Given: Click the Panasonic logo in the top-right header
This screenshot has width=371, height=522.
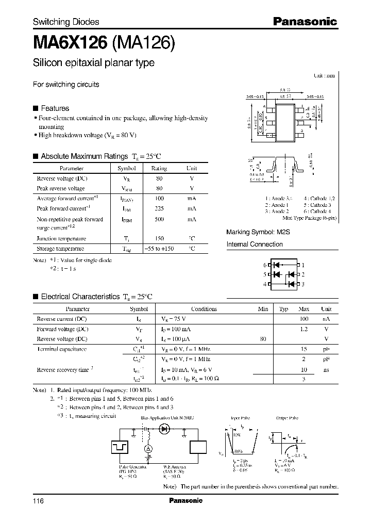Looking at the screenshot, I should [305, 22].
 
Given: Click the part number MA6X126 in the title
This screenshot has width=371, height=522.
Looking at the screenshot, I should [70, 43].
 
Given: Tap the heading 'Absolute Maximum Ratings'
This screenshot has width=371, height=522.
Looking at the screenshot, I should [84, 156].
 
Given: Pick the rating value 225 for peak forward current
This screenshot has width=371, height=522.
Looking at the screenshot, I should [159, 208].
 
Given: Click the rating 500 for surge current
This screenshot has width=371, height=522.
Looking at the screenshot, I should [159, 219].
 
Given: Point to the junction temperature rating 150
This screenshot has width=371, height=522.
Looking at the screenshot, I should [159, 238].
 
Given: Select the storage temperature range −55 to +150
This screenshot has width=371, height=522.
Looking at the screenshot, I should [159, 249].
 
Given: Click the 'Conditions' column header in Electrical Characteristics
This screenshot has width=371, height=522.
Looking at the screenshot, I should [204, 309].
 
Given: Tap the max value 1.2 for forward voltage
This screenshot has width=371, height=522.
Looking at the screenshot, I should [304, 329].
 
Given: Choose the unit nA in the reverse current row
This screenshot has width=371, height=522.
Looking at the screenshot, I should [326, 319].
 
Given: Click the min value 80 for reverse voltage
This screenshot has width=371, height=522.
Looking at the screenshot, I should [263, 339].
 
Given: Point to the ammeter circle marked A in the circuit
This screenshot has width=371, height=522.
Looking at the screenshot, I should [147, 449].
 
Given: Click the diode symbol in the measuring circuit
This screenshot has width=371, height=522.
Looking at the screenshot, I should [165, 428].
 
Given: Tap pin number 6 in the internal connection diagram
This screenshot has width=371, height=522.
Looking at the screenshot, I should [265, 265].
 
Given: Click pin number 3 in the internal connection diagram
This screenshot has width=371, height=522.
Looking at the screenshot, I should [303, 284].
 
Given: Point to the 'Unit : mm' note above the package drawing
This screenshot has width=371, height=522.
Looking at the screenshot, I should [325, 75].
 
